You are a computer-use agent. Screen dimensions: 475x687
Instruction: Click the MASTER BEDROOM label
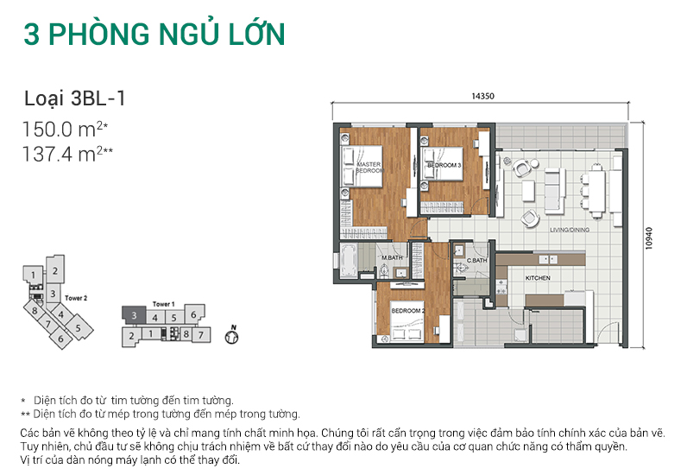point(369,168)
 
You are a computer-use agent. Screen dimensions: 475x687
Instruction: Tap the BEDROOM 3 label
point(444,164)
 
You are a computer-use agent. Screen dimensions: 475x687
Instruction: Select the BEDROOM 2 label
point(407,310)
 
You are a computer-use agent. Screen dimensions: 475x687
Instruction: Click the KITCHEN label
point(538,278)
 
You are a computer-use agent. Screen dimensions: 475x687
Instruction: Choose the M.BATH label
point(394,258)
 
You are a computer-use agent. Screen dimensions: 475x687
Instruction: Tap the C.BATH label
point(478,259)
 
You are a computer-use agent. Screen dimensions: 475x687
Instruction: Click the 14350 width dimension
point(482,96)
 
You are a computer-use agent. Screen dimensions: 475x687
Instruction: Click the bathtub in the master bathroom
point(350,259)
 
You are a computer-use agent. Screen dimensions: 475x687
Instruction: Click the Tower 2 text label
point(76,298)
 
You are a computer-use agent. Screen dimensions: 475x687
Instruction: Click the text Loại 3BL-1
point(75,98)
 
